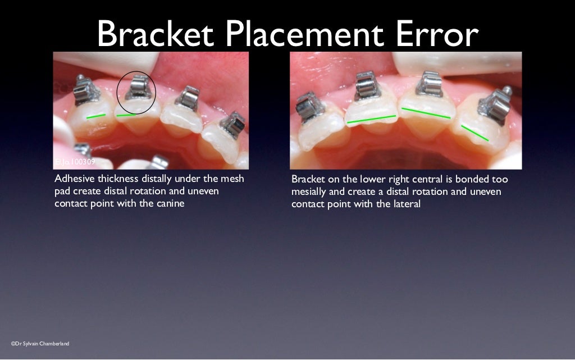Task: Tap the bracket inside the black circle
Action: [x=136, y=89]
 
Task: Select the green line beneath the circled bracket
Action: [x=129, y=115]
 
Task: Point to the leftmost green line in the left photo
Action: [x=96, y=116]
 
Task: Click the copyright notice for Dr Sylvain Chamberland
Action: [x=40, y=343]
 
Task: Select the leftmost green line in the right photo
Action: [x=371, y=119]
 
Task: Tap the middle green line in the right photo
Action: [x=426, y=112]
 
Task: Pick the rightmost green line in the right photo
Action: [x=474, y=133]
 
